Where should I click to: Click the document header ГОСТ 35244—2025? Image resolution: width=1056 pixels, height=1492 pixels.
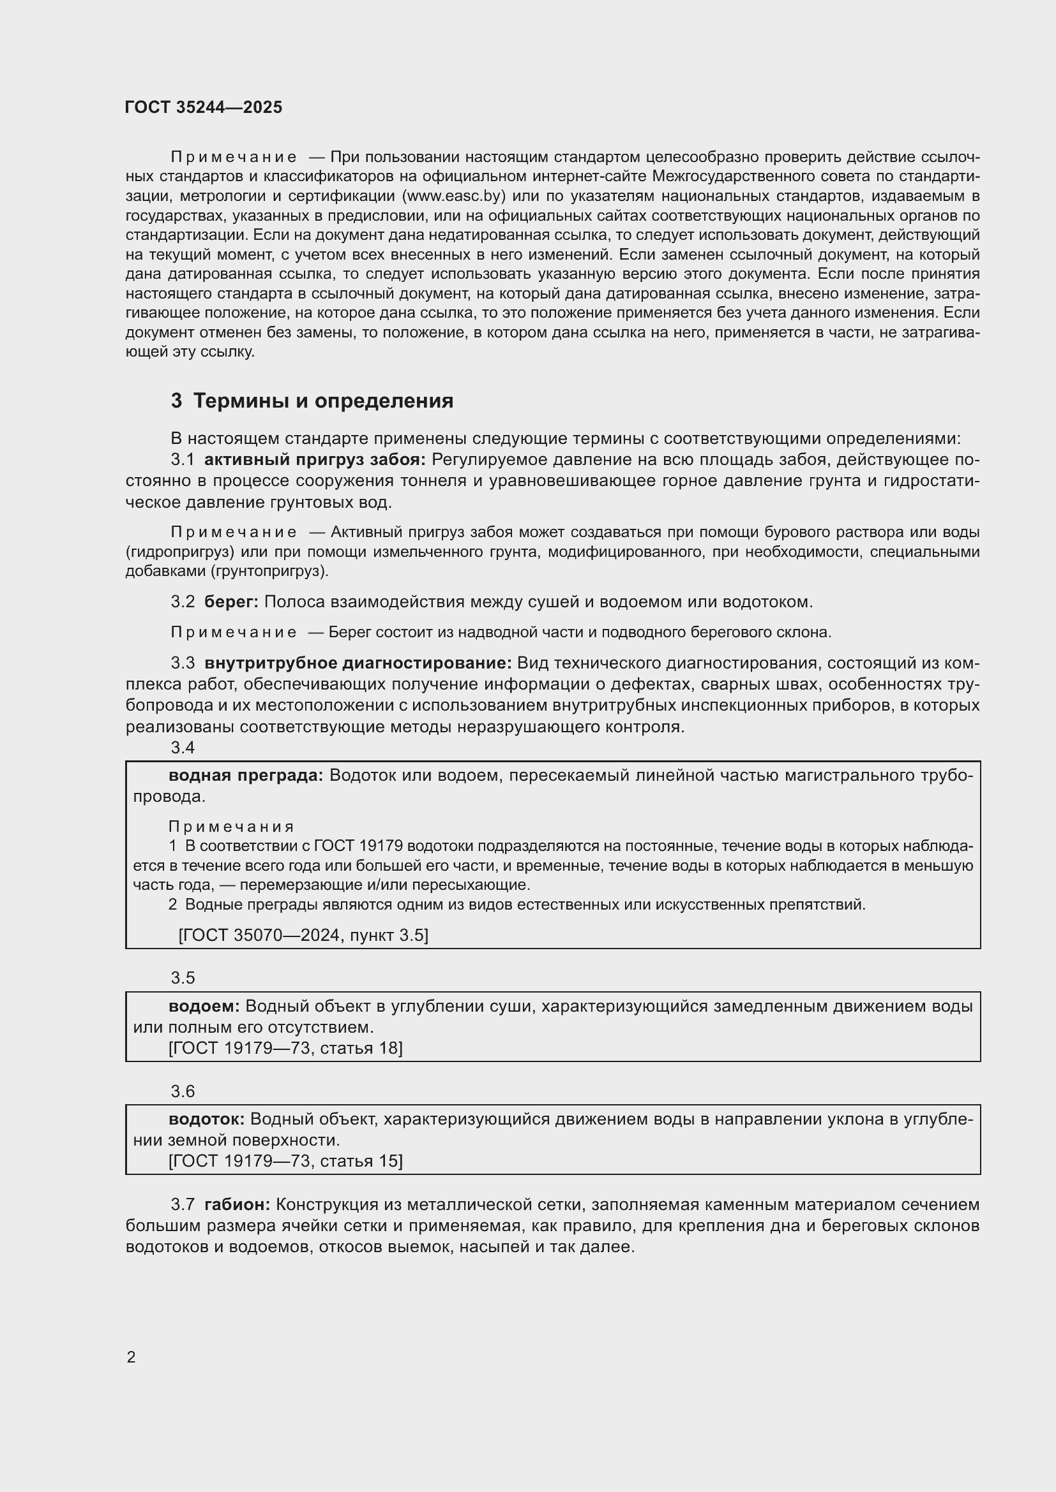[x=204, y=107]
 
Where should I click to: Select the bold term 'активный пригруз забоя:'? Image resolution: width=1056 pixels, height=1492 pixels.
[x=315, y=460]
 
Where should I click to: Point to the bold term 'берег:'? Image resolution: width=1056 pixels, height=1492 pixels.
[x=231, y=602]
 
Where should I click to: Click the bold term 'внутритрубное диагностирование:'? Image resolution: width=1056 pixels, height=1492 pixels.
[x=358, y=663]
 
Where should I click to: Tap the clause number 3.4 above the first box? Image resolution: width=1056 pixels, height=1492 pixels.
[x=183, y=748]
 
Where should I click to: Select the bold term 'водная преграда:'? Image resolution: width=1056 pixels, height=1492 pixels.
[x=246, y=775]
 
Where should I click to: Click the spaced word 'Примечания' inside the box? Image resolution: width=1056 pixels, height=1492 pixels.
[x=231, y=827]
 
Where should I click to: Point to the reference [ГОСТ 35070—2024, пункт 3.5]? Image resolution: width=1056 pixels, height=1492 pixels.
[x=303, y=934]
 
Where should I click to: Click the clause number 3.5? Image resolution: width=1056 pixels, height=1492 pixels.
[x=183, y=978]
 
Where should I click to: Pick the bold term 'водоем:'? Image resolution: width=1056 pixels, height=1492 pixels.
[x=204, y=1006]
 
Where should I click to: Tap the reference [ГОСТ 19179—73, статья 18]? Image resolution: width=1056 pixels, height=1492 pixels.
[x=285, y=1047]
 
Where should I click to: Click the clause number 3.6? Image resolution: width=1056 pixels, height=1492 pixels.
[x=183, y=1091]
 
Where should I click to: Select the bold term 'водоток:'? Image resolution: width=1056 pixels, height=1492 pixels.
[x=206, y=1119]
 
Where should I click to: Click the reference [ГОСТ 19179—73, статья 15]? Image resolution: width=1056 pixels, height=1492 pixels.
[x=285, y=1160]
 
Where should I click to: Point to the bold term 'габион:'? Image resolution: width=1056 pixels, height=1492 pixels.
[x=237, y=1204]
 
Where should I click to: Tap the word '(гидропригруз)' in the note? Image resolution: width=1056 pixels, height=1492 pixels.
[x=179, y=552]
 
